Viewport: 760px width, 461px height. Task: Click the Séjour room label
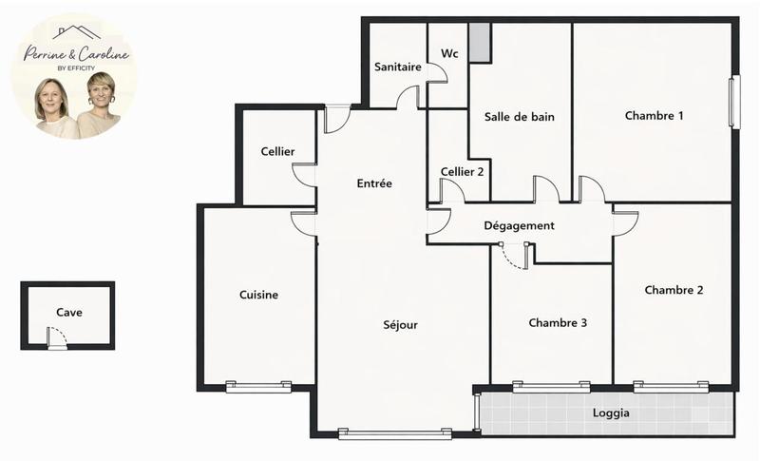401,324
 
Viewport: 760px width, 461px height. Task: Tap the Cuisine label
258,295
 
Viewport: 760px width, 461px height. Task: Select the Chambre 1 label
655,116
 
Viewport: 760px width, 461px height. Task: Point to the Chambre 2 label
674,290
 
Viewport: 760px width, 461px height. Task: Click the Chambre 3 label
558,323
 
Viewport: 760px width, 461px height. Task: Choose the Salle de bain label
519,117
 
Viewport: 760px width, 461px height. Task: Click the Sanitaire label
398,67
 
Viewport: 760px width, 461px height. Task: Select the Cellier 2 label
463,172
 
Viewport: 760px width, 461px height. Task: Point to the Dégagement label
519,225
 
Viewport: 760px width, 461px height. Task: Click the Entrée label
374,183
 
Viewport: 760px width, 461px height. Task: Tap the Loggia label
611,413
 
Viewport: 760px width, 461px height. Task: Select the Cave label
68,312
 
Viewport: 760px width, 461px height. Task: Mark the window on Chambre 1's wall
732,102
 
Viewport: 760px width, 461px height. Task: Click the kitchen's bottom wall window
258,386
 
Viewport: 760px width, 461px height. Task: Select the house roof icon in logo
76,31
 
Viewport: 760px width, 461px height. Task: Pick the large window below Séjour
394,433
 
